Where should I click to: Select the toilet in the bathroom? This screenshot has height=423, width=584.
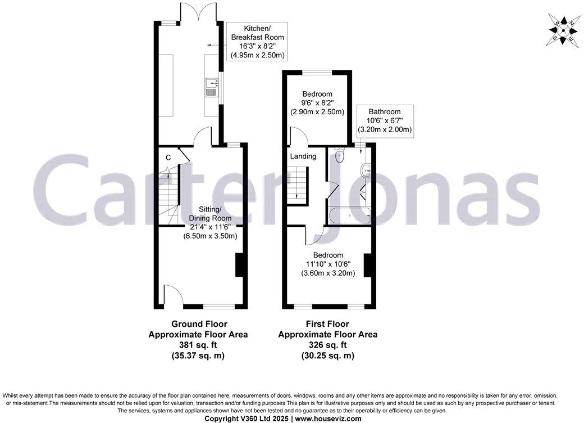pos(339,156)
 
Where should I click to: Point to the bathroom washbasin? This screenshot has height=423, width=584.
pos(367,168)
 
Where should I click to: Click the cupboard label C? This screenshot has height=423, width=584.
pos(168,157)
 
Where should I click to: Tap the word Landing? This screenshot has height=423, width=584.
pos(303,156)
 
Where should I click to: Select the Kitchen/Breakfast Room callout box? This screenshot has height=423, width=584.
pos(256,42)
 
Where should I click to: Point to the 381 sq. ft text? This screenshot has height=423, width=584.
pos(198,345)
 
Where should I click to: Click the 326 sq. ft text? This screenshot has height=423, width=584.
pos(328,345)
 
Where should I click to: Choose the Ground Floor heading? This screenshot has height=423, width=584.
pos(198,324)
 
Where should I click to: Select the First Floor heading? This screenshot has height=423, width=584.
pos(328,324)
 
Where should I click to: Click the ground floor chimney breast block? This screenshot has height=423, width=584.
pos(239,265)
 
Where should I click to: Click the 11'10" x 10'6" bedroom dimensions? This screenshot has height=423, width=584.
pos(329,264)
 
